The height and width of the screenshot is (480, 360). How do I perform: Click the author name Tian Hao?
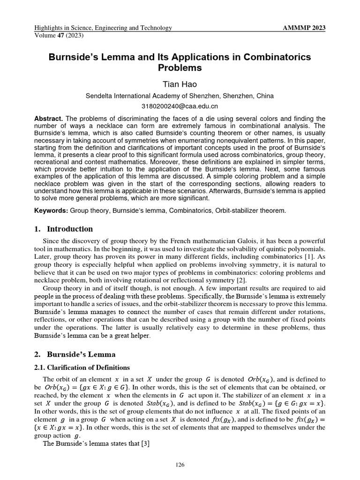pyautogui.click(x=180, y=84)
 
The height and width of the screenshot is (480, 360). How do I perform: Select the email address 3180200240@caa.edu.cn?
pyautogui.click(x=180, y=106)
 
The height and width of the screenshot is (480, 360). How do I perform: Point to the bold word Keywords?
pyautogui.click(x=52, y=211)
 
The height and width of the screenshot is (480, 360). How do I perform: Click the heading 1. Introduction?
pyautogui.click(x=64, y=229)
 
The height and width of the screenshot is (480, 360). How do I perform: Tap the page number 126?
pyautogui.click(x=180, y=465)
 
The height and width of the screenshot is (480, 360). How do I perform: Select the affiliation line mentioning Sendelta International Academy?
pyautogui.click(x=180, y=96)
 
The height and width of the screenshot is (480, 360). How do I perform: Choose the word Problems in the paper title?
pyautogui.click(x=180, y=68)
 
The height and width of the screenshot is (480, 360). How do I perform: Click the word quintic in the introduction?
pyautogui.click(x=276, y=250)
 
